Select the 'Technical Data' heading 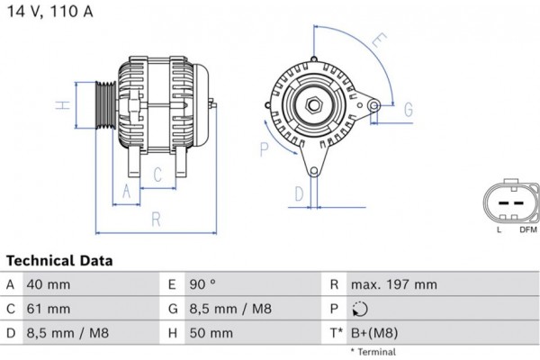pos(60,261)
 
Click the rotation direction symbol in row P pos(362,310)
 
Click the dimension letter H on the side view pos(62,105)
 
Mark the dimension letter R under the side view pos(155,217)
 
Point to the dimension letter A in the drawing pos(126,190)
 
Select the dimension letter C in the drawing pos(157,174)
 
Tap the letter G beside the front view pos(407,110)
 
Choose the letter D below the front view pos(299,192)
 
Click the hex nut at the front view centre pos(314,105)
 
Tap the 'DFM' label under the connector pos(526,230)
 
